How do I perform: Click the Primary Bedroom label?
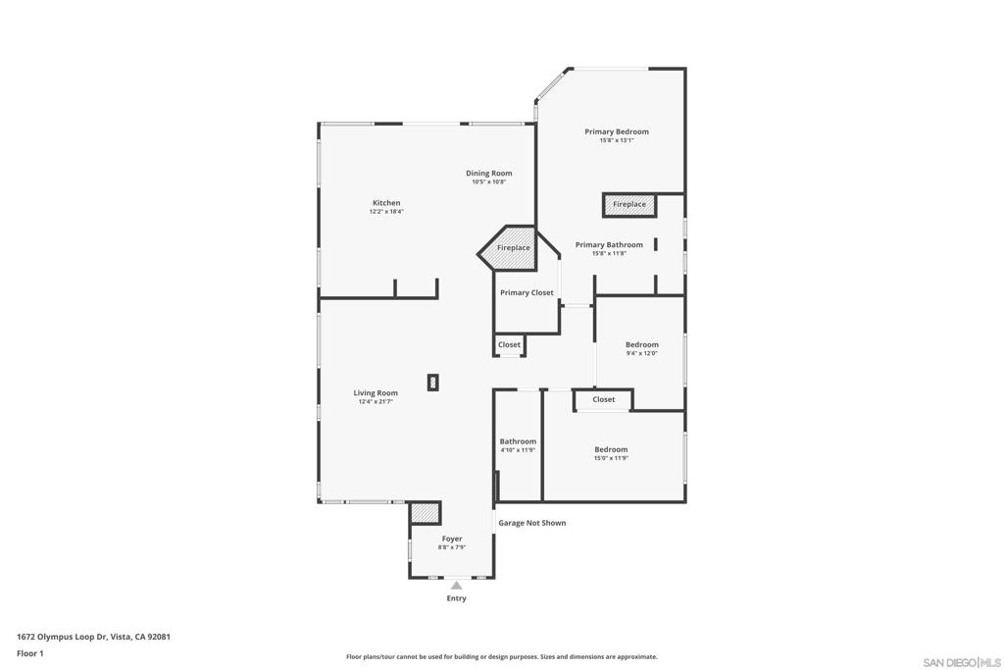pos(616,131)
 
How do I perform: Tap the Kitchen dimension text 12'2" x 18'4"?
pos(386,212)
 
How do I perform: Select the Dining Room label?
pos(488,174)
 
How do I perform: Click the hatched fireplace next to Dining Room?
pos(512,247)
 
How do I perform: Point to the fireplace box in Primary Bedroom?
pos(628,204)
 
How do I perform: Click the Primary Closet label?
pos(527,292)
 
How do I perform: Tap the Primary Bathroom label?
pos(609,245)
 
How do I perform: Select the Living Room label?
pos(376,393)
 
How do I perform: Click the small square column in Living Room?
pos(433,383)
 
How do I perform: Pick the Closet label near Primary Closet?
pos(509,345)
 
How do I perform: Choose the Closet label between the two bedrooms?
pos(604,399)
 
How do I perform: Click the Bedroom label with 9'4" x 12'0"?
pos(641,345)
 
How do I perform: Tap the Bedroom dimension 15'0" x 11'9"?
pos(610,458)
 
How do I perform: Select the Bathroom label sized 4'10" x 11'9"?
pos(518,441)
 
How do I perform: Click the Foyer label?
pos(451,539)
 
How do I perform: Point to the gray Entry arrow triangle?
pos(456,586)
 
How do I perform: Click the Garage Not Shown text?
pos(531,523)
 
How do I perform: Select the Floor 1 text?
pos(30,652)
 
